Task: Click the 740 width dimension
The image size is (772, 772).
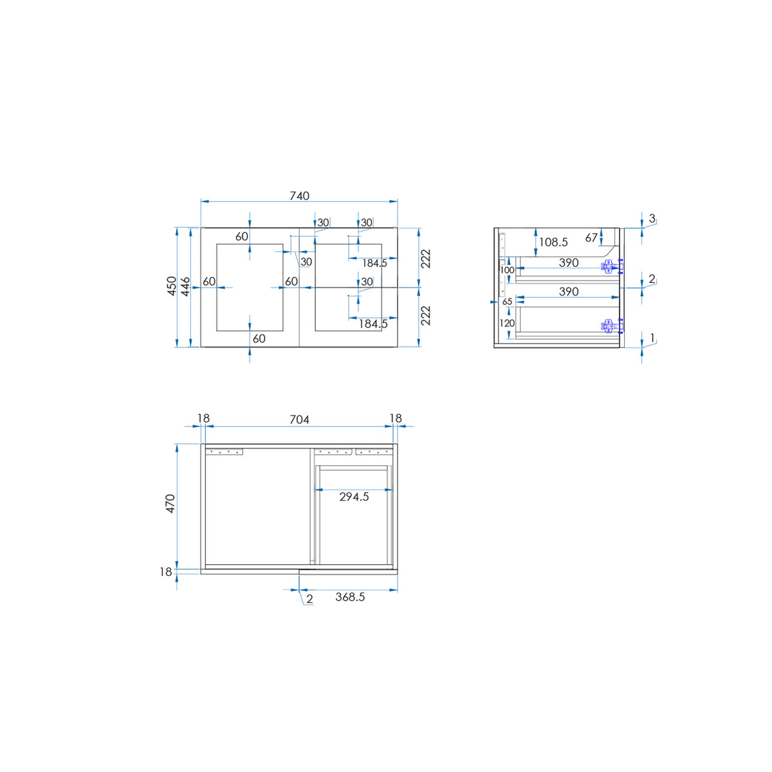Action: pos(299,196)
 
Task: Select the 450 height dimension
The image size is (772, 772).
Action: pos(172,286)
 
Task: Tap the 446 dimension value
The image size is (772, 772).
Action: pos(185,286)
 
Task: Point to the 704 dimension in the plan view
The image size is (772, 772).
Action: pos(299,419)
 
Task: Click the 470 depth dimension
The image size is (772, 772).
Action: pos(170,504)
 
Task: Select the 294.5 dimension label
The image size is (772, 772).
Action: pos(354,497)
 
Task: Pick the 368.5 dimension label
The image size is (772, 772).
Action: pos(350,597)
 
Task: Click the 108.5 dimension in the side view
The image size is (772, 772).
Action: pos(553,242)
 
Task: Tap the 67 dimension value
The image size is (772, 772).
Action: pos(591,238)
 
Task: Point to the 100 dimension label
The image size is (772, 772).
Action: pos(507,270)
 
